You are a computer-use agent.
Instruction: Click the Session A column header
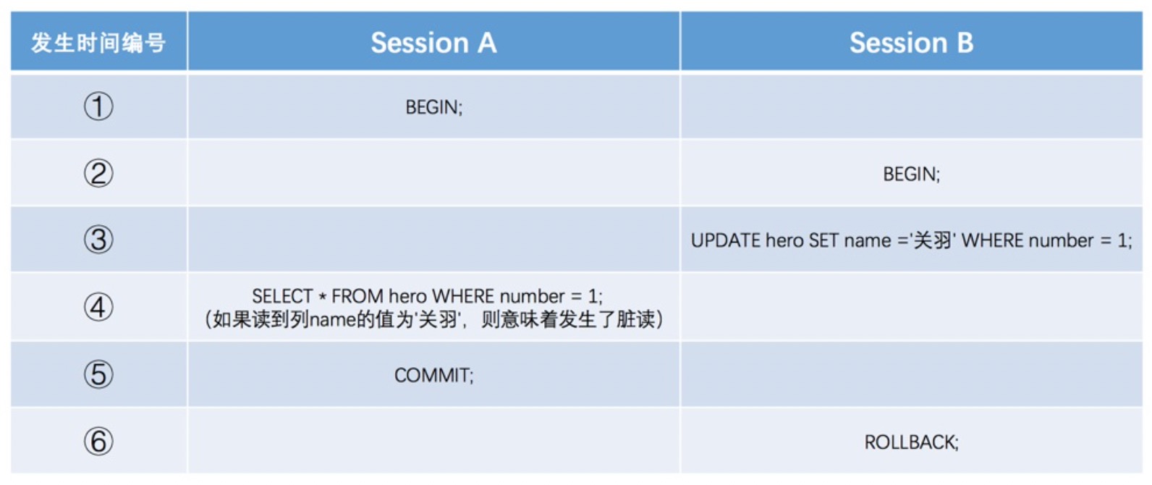pos(433,42)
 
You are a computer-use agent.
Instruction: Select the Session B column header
pos(911,42)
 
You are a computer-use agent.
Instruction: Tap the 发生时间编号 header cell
pos(98,42)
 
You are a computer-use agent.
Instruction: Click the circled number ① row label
pos(98,106)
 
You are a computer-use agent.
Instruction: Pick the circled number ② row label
pos(98,173)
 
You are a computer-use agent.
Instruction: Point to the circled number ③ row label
pos(98,240)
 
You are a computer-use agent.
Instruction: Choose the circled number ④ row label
pos(98,307)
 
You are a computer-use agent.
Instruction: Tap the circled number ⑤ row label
pos(98,374)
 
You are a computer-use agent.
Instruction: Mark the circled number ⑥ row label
pos(98,442)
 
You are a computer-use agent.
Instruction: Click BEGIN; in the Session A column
pos(433,107)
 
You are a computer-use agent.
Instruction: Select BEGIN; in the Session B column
pos(911,174)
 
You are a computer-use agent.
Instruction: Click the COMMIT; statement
pos(433,376)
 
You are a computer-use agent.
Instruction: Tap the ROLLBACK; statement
pos(911,442)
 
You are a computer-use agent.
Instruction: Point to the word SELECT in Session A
pos(281,296)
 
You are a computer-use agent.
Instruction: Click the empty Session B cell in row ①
pos(911,107)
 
